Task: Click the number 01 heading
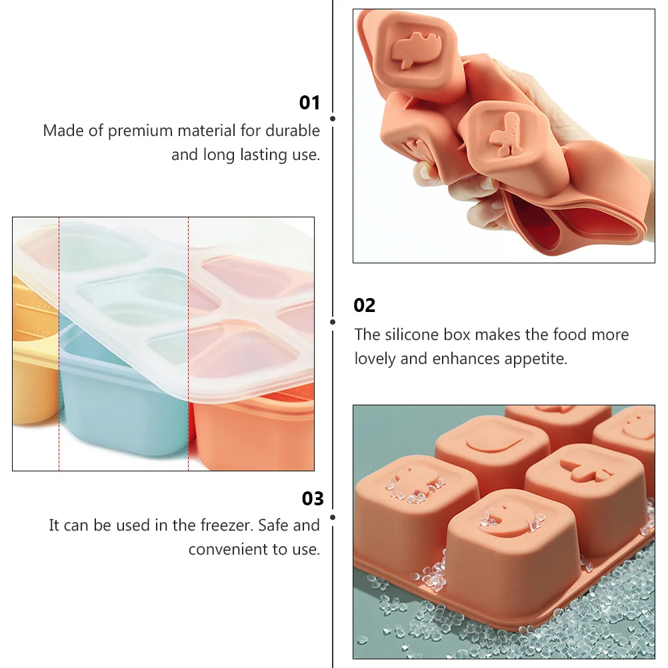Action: click(x=309, y=103)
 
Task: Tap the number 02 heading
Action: click(x=365, y=305)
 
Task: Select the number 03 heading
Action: click(x=313, y=499)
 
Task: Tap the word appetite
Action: click(x=533, y=359)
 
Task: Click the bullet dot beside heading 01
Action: click(x=333, y=119)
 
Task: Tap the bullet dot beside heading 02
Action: click(x=333, y=321)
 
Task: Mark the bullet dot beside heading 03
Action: click(x=333, y=517)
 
